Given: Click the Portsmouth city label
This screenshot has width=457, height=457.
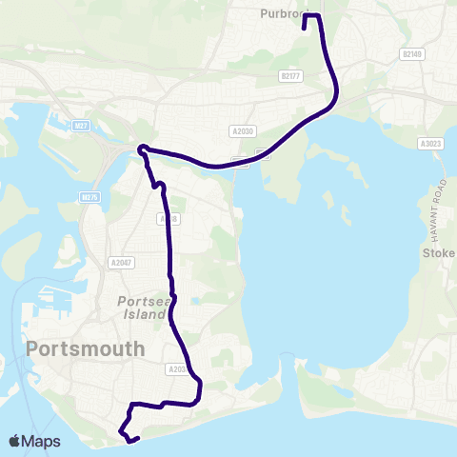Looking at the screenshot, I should pos(87,348).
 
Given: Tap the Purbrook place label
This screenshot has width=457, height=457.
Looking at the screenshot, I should pos(283,14).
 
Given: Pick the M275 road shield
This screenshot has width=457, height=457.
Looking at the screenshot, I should pos(90,197).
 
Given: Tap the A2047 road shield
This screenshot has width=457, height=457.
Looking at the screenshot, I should pos(120,263).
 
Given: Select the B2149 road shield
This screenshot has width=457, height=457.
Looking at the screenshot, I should pos(412,54).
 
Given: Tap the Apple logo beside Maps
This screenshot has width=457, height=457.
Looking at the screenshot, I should pos(15,441).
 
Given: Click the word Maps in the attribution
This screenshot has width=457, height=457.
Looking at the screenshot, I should pos(41,441).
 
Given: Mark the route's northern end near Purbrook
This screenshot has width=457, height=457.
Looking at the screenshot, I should pos(304,29).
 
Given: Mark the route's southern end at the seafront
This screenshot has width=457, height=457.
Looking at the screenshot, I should pos(138,439).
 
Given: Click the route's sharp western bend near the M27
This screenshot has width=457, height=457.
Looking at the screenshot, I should pos(140,148).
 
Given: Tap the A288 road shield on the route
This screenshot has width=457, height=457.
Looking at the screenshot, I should pos(169,219).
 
